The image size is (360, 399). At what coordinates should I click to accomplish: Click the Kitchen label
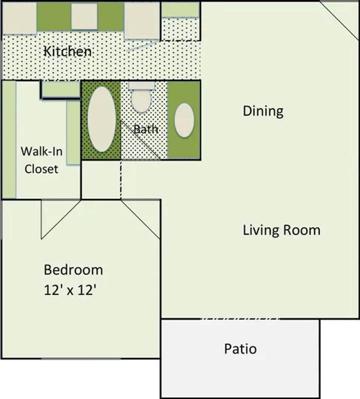(x=68, y=51)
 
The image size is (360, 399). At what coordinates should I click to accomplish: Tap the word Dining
(x=263, y=111)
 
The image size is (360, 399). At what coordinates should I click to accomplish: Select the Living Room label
(x=282, y=230)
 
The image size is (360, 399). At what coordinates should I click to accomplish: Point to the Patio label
(x=240, y=349)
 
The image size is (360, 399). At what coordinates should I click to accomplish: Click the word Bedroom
(x=73, y=270)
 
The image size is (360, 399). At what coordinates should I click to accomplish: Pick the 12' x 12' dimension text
(x=70, y=290)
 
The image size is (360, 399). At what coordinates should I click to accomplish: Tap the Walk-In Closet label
(x=41, y=160)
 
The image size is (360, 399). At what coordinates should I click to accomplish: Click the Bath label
(x=146, y=129)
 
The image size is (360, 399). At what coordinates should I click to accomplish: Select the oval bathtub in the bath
(x=102, y=119)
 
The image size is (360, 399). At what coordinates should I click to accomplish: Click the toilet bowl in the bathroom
(x=141, y=101)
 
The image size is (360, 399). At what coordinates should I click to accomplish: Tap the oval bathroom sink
(x=184, y=120)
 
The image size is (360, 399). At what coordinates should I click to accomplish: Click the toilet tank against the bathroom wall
(x=142, y=85)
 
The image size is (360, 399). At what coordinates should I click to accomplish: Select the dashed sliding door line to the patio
(x=240, y=318)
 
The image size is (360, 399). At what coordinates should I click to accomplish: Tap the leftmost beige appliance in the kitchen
(x=20, y=18)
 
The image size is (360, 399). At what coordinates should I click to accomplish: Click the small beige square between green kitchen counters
(x=84, y=16)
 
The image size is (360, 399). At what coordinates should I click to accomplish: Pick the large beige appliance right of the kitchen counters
(x=142, y=21)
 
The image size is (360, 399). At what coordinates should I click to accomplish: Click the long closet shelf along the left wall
(x=9, y=139)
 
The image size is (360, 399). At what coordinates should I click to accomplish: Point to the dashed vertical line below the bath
(x=121, y=180)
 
